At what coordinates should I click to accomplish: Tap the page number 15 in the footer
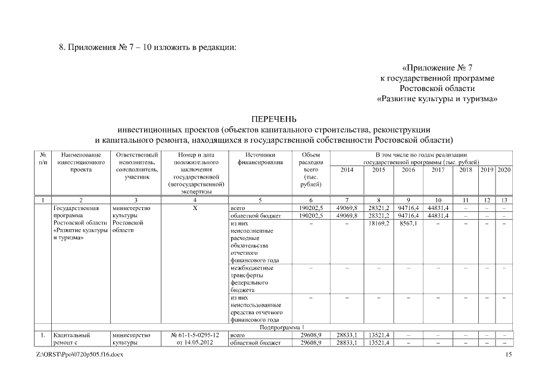(x=508, y=355)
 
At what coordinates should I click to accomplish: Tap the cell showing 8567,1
(x=407, y=224)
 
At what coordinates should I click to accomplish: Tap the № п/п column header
(x=42, y=158)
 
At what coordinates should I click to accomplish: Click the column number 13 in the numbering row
(x=504, y=200)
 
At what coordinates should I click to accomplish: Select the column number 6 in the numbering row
(x=312, y=200)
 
